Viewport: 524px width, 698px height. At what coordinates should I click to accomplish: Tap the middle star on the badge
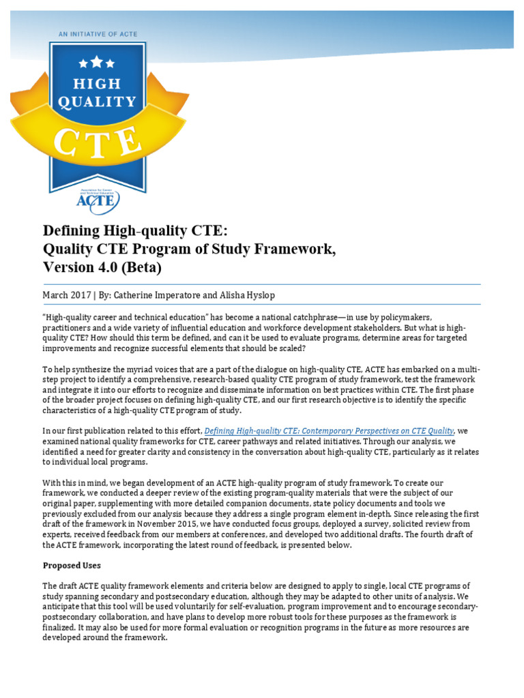coord(97,62)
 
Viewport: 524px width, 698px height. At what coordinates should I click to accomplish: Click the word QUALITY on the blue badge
coord(97,102)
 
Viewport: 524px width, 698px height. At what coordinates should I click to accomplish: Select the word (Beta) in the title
coord(141,268)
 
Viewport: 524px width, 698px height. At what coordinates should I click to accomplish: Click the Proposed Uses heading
coord(73,565)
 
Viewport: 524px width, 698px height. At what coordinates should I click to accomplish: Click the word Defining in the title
coord(73,230)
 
